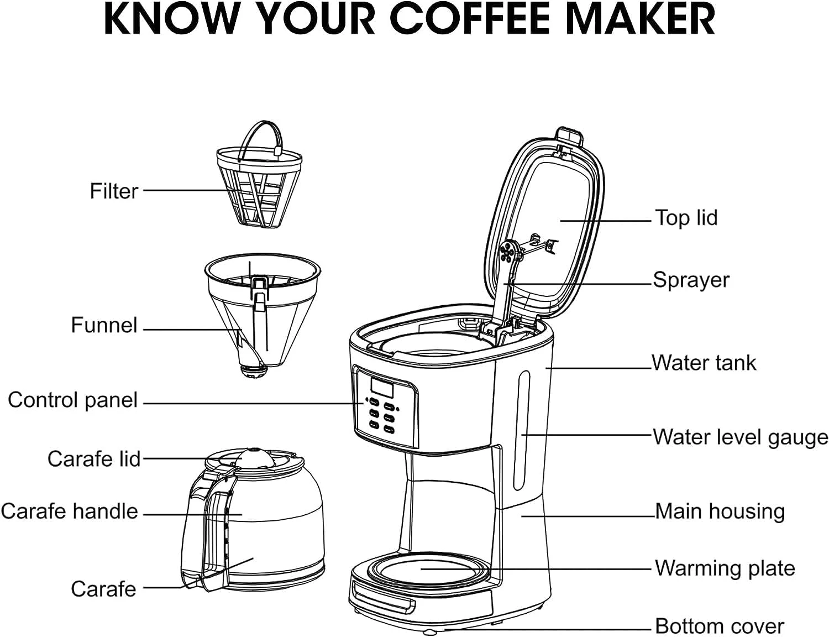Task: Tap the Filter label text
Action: [x=114, y=191]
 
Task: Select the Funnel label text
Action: [x=104, y=325]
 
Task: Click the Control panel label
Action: [x=72, y=401]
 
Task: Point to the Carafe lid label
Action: [x=94, y=458]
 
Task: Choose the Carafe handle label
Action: [x=69, y=511]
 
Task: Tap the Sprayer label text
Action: [x=691, y=280]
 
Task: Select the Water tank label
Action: [x=704, y=362]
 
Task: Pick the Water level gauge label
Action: [x=740, y=437]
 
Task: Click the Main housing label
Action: [x=720, y=511]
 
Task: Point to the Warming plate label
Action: [x=725, y=568]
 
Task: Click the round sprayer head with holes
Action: [x=507, y=251]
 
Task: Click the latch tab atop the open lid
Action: [x=570, y=136]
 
